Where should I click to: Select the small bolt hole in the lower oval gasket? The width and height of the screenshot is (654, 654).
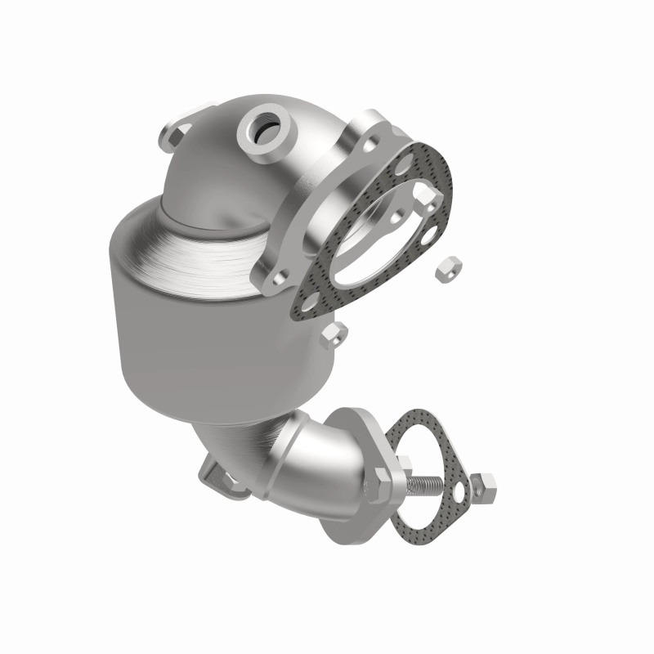pos(458,490)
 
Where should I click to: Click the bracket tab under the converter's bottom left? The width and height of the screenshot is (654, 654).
pos(217,478)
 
